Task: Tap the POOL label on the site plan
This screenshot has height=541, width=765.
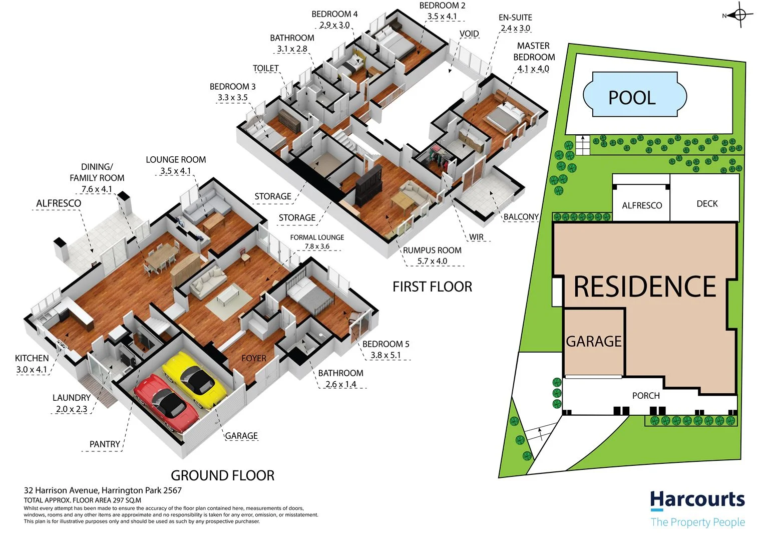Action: tap(632, 98)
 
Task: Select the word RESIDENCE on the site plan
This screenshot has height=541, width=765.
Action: tap(645, 287)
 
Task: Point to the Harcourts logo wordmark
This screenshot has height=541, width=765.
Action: tap(697, 500)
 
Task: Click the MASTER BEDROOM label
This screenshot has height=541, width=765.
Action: tap(533, 51)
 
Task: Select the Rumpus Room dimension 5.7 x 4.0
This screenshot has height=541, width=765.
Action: tap(432, 261)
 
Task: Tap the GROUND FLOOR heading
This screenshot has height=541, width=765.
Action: tap(222, 475)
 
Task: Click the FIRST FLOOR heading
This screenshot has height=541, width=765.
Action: tap(432, 287)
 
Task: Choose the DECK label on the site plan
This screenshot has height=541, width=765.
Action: tap(706, 203)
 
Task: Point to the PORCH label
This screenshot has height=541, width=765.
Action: tap(646, 396)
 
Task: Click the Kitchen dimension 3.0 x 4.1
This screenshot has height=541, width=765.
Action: tap(32, 370)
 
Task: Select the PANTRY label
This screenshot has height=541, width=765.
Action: tap(105, 444)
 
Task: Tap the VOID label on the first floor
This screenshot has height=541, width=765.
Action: tap(469, 34)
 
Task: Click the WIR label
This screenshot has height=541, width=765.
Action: tap(476, 237)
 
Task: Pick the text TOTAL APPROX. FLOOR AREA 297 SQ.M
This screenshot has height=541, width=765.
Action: tap(83, 500)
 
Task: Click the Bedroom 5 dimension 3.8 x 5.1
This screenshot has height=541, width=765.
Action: tap(386, 355)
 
